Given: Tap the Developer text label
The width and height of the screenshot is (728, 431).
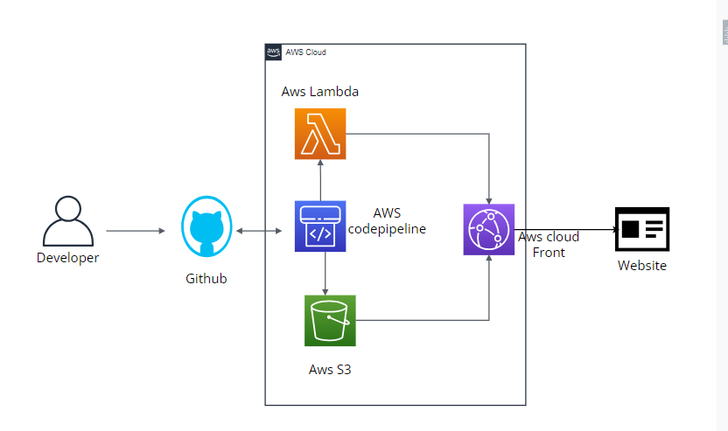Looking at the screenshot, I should [67, 258].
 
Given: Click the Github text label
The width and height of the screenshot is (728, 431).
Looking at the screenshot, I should [206, 279].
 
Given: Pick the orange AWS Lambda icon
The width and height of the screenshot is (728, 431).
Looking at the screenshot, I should [320, 134].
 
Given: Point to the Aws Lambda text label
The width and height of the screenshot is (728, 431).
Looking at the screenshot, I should [320, 92].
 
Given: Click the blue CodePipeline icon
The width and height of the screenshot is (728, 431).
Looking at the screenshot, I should [320, 226].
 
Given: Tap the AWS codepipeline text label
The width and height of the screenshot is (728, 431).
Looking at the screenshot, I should [387, 221].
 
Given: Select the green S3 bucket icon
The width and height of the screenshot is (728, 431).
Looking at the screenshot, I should [331, 320].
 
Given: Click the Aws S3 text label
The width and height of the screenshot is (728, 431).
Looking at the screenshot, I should [330, 369].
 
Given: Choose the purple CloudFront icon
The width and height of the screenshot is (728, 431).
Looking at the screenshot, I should [488, 229].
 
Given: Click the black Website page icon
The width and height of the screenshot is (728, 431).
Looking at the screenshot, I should [641, 230].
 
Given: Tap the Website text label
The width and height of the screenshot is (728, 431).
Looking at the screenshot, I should [641, 266].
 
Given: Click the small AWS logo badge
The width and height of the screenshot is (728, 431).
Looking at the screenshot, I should [273, 52].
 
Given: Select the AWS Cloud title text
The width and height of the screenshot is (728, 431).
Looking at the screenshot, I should [306, 52].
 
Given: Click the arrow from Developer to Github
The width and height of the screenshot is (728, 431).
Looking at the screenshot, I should [136, 231].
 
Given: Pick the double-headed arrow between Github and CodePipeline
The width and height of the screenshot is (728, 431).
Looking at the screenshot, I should [260, 231].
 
